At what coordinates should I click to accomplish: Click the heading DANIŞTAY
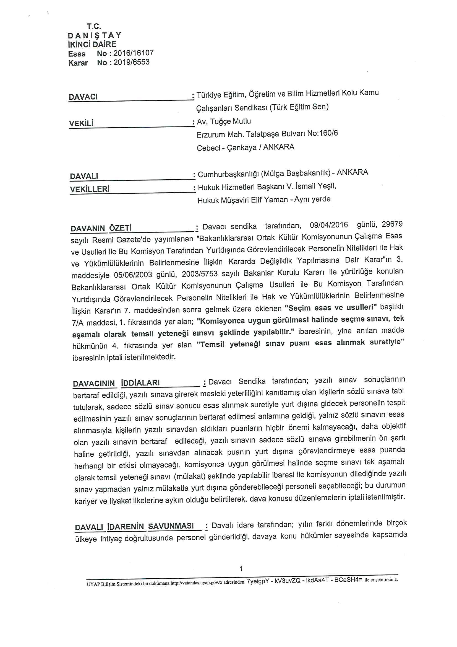coord(95,35)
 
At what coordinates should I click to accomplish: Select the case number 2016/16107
coord(134,53)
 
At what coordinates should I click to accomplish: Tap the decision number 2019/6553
coord(132,62)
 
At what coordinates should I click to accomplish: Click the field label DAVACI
coord(83,97)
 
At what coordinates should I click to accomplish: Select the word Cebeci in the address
coord(208,148)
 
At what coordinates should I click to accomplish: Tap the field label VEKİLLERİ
coord(90,189)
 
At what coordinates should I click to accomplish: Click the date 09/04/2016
coord(329,225)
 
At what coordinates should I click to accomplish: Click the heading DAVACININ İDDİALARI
coord(116,383)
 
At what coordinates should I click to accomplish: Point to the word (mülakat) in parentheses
coord(190,476)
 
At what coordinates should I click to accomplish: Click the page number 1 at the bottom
coord(241,569)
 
